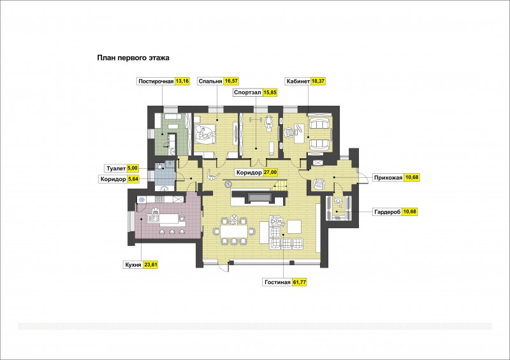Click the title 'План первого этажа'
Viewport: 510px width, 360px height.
pyautogui.click(x=133, y=58)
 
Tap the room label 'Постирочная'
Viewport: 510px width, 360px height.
pyautogui.click(x=156, y=82)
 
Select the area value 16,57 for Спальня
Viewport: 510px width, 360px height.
pyautogui.click(x=231, y=82)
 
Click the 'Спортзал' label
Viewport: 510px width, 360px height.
pyautogui.click(x=247, y=92)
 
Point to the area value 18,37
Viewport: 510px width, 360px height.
pyautogui.click(x=319, y=82)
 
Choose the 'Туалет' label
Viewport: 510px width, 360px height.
pyautogui.click(x=116, y=168)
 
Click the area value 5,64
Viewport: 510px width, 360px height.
pyautogui.click(x=133, y=179)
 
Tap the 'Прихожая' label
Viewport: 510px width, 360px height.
pyautogui.click(x=388, y=178)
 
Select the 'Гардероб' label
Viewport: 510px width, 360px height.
pyautogui.click(x=388, y=212)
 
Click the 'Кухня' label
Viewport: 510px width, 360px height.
pyautogui.click(x=133, y=265)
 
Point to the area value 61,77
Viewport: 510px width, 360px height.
pyautogui.click(x=300, y=282)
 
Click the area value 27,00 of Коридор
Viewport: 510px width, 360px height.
pyautogui.click(x=270, y=173)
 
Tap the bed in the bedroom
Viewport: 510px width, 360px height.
pyautogui.click(x=205, y=133)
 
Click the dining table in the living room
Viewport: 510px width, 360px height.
pyautogui.click(x=234, y=231)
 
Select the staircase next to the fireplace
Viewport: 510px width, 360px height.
pyautogui.click(x=279, y=186)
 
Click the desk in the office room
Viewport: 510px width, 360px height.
pyautogui.click(x=299, y=133)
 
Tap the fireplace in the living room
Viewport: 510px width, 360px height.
pyautogui.click(x=259, y=198)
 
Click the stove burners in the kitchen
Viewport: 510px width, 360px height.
pyautogui.click(x=142, y=199)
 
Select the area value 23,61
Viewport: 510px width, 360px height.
pyautogui.click(x=150, y=265)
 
